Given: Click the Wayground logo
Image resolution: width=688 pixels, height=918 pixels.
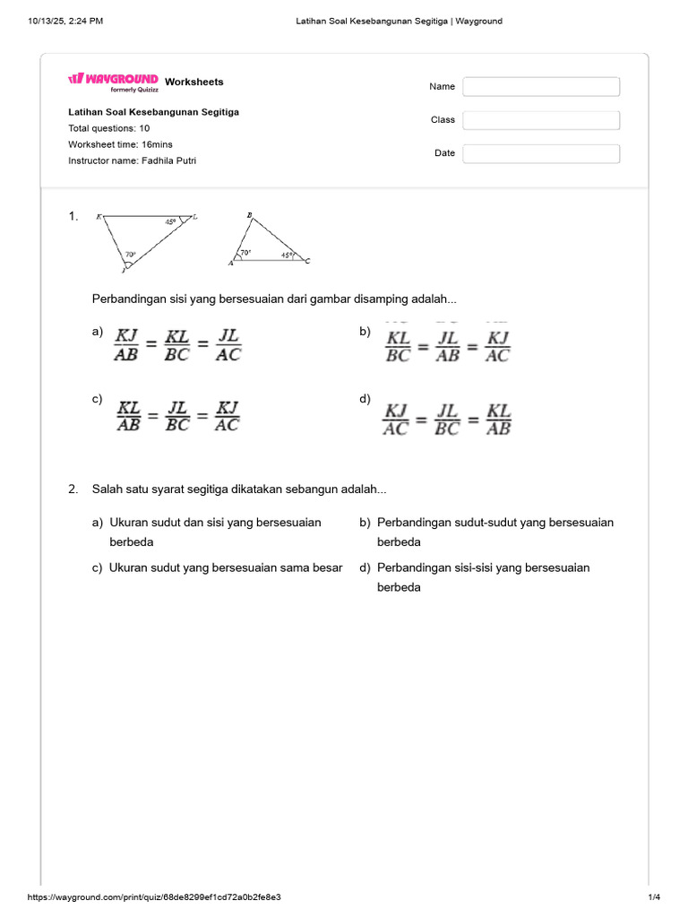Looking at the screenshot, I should click(113, 81).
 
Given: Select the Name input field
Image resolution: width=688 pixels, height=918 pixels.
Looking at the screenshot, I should click(541, 87).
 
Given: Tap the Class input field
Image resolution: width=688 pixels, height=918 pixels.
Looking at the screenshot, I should click(541, 120).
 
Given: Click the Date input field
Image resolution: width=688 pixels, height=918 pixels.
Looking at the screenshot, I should click(541, 153).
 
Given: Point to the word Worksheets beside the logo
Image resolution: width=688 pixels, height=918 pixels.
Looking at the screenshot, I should click(194, 82).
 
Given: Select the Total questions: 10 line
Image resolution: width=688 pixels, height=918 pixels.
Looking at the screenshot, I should click(109, 128).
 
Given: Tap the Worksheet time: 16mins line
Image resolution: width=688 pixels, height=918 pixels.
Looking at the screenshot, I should click(120, 144).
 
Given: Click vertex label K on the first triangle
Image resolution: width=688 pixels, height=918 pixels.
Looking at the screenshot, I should click(99, 216).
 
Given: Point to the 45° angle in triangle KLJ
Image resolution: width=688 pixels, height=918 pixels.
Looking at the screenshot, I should click(170, 221).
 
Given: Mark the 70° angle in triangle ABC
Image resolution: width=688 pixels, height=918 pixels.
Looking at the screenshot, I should click(245, 254).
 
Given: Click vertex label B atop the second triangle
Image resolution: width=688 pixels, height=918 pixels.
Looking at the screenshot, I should click(249, 215).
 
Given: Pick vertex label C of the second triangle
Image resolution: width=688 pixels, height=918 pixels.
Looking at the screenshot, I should click(307, 261).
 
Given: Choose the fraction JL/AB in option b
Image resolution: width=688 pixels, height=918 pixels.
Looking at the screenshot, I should click(447, 346).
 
